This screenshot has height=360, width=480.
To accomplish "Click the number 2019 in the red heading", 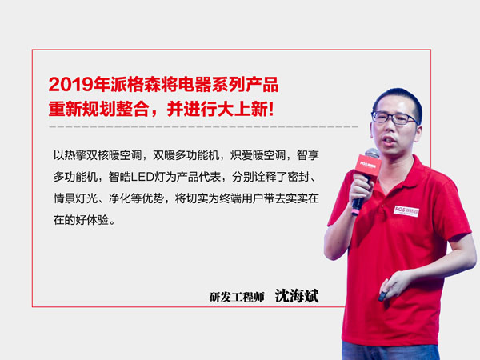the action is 70,84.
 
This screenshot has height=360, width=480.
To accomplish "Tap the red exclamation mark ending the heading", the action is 270,109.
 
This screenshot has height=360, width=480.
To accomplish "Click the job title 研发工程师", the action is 237,297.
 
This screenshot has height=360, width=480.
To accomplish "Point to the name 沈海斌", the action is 297,296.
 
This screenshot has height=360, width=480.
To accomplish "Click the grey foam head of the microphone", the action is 372,153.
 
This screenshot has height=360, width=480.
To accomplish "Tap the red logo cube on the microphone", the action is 367,166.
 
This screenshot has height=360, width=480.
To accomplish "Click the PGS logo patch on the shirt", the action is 406,211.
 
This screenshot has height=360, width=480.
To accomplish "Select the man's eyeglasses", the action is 394,118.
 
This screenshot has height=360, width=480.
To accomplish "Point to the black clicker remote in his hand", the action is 382,296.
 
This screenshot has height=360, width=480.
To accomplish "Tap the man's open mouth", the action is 389,140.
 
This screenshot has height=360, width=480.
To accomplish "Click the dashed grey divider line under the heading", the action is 203,126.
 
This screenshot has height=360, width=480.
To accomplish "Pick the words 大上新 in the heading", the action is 242,109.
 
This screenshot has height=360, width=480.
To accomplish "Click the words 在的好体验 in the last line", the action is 81,220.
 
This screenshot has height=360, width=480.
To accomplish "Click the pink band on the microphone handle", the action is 356,211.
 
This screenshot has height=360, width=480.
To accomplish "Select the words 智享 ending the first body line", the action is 308,155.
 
